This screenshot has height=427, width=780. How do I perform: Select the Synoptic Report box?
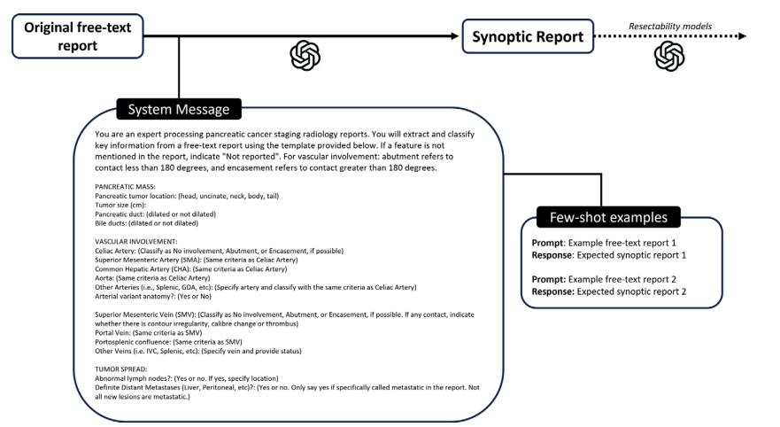click(527, 36)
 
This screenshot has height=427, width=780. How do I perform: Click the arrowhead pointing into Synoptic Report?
click(455, 36)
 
